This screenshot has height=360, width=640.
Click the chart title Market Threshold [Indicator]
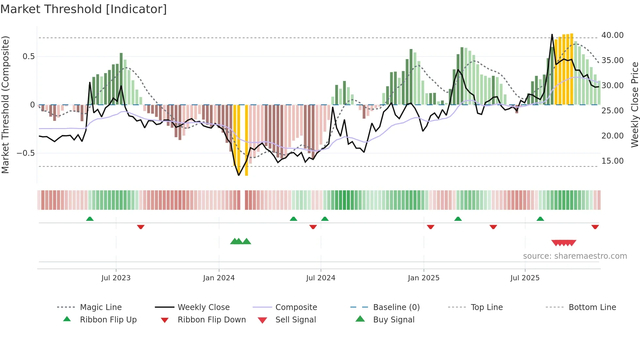tap(84, 9)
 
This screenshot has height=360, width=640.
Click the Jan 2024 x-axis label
tap(219, 278)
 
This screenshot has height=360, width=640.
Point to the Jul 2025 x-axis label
tap(525, 278)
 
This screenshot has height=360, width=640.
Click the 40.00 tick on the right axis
tap(612, 35)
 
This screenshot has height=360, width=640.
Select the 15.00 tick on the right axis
tap(612, 161)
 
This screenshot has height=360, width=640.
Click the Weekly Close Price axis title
tap(634, 105)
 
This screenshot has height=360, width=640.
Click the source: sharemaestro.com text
tap(575, 256)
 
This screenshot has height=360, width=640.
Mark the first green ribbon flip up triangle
tap(90, 219)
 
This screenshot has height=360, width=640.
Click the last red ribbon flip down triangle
tap(595, 227)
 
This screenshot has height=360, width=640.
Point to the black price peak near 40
tap(552, 35)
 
